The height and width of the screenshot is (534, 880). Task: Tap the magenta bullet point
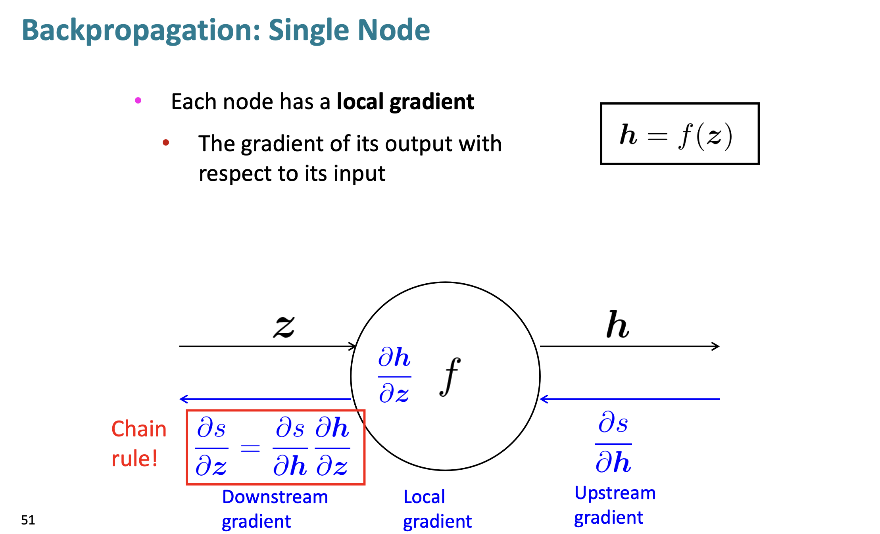click(x=138, y=100)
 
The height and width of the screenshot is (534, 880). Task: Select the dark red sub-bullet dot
click(x=166, y=143)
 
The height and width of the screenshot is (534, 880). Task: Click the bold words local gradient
click(x=405, y=102)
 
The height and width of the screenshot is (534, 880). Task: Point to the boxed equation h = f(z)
click(x=679, y=134)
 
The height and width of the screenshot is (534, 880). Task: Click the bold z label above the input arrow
click(x=284, y=326)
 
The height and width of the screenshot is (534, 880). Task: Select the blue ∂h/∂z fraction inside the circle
click(x=394, y=375)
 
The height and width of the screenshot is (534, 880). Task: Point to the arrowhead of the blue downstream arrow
click(x=183, y=399)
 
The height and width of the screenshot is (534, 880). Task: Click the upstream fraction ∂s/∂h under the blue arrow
click(x=613, y=443)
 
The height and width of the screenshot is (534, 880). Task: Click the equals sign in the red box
click(x=250, y=448)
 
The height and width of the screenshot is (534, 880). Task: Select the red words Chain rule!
click(x=138, y=444)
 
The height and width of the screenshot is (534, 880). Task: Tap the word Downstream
click(x=275, y=497)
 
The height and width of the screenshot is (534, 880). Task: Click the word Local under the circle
click(x=424, y=497)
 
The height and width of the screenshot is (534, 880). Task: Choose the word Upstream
click(x=615, y=493)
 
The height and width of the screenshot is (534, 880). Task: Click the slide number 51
click(x=28, y=520)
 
